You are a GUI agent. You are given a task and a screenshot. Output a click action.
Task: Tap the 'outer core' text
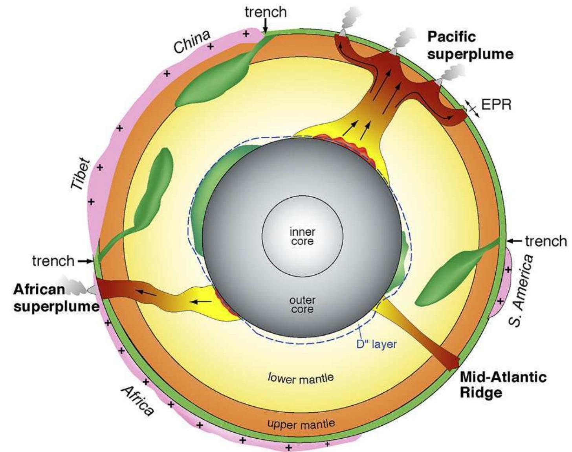point(302,305)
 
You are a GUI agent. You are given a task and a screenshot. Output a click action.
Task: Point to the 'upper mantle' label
point(301,424)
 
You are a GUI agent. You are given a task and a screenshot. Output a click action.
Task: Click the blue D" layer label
point(376,344)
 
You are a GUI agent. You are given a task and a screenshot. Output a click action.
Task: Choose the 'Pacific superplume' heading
point(470,46)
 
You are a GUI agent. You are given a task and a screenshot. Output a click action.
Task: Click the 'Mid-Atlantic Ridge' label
point(503,385)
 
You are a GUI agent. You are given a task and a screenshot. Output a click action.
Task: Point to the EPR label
point(496,105)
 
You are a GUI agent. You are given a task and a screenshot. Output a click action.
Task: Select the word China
point(192,42)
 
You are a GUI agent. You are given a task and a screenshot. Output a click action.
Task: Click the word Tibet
point(80,173)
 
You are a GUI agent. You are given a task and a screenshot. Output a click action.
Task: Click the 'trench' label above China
point(266,12)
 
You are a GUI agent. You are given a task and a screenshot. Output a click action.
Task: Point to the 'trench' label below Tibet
point(53,261)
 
